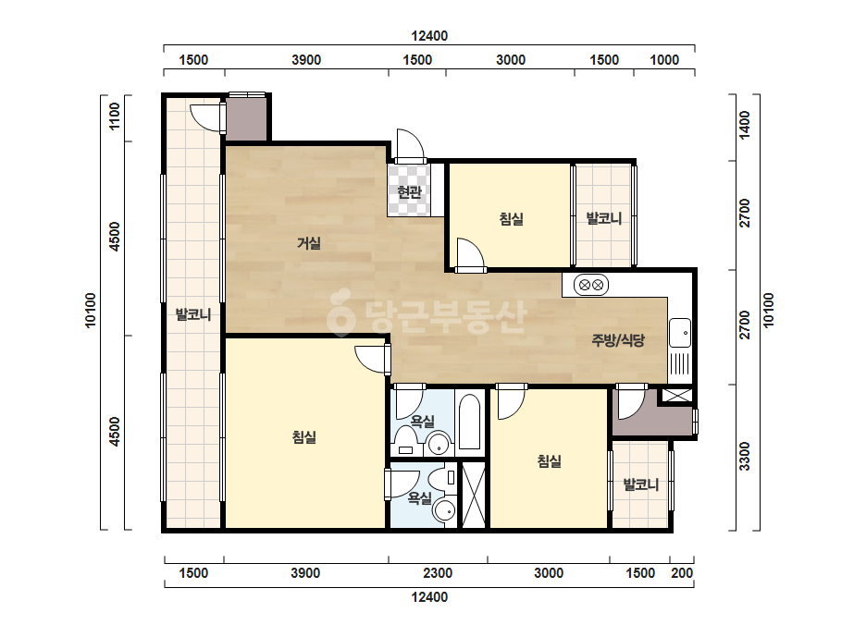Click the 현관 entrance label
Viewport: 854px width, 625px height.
[x=410, y=191]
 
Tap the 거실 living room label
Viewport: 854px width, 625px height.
[x=308, y=243]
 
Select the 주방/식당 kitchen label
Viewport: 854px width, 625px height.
[x=618, y=340]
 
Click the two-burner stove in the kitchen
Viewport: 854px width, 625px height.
[x=591, y=285]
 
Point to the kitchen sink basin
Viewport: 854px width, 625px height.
[x=680, y=333]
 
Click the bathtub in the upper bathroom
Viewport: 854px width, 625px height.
[x=469, y=422]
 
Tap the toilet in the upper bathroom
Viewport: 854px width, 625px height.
[x=405, y=441]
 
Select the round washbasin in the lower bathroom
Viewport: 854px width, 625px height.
[x=444, y=511]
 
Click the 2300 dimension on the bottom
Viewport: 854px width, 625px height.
[x=438, y=572]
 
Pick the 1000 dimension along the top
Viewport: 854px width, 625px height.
[x=664, y=60]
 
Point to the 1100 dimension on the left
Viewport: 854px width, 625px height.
[x=115, y=116]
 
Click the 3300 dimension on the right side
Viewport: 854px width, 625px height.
[x=745, y=456]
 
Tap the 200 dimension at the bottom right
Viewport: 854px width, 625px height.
[x=682, y=572]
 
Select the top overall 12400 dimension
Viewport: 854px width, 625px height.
[x=429, y=36]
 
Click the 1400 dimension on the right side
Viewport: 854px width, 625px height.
[x=745, y=125]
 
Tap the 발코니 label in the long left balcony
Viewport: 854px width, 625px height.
[x=192, y=314]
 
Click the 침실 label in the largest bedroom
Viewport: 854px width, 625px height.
[x=303, y=436]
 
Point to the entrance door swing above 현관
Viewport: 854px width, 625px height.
[x=410, y=145]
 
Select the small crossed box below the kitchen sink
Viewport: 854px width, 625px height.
[x=677, y=396]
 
